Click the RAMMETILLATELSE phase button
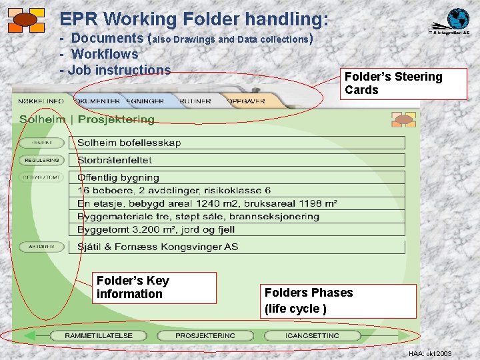[98, 335]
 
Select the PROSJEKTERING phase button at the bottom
[205, 335]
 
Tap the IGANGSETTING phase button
[311, 335]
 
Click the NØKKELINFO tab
[41, 101]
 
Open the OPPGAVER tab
[247, 101]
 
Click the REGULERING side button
[41, 160]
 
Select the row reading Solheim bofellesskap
[237, 143]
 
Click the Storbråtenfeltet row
[237, 160]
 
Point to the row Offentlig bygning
[237, 177]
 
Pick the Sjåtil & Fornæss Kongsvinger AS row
[237, 247]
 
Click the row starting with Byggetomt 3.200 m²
[237, 229]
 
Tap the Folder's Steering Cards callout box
[393, 84]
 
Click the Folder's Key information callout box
[154, 287]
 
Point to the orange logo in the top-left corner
[26, 20]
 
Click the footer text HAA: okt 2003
[429, 353]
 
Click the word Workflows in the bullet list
[105, 54]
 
